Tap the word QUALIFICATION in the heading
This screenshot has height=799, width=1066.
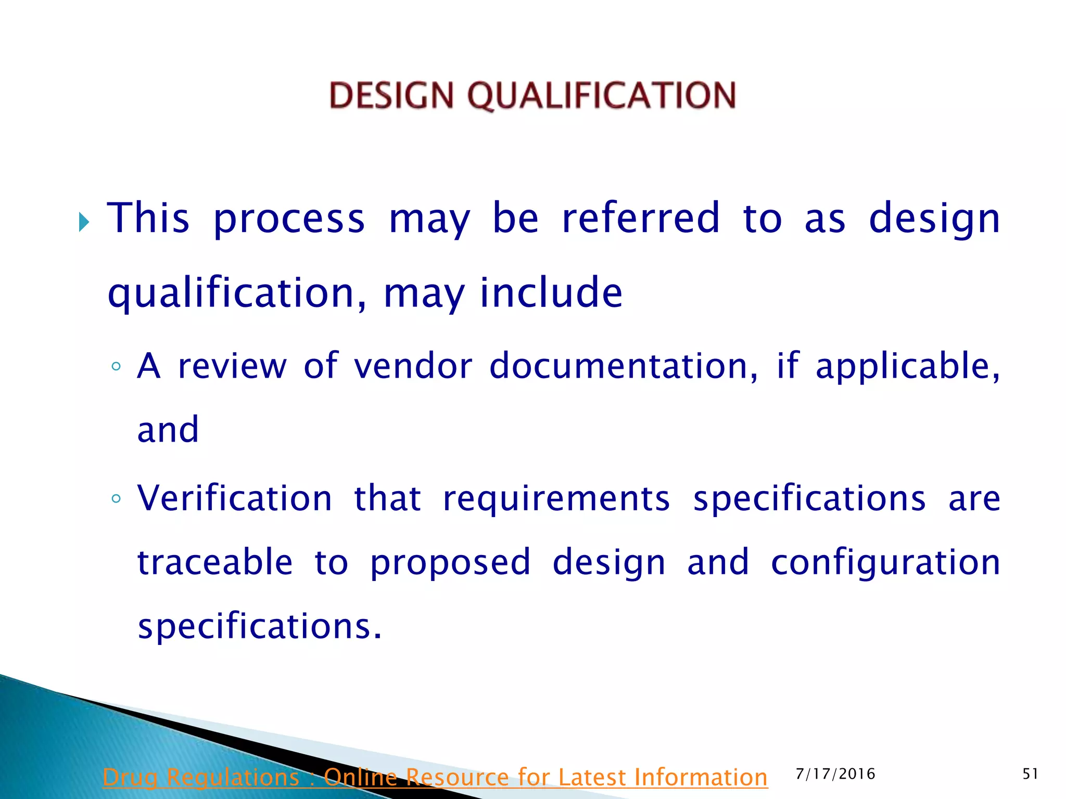point(601,96)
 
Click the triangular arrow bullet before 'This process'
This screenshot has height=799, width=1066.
point(84,222)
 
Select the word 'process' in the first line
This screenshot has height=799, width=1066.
point(289,219)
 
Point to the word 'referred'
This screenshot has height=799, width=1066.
point(641,218)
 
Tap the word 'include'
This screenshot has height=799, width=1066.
point(551,292)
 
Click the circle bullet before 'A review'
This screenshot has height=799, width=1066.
point(116,366)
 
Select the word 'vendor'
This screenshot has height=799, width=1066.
point(413,366)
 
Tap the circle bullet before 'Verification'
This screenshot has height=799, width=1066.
point(116,498)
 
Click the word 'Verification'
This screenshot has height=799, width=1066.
point(235,498)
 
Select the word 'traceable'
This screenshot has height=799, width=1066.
point(215,562)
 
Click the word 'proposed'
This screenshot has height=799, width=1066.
point(450,563)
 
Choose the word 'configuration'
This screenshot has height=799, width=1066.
point(885,563)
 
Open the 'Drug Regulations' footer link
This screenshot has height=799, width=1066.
point(435,777)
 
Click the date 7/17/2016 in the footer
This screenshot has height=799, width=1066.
point(835,774)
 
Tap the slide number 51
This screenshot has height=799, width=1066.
point(1030,774)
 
